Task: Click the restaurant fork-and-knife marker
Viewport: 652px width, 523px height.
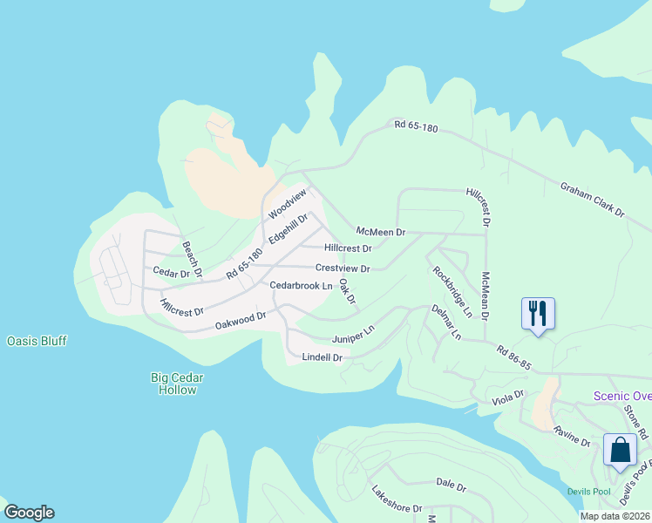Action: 538,313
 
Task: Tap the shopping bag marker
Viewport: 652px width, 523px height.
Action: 620,451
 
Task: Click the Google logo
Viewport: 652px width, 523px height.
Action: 29,513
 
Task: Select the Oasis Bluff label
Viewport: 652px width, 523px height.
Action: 37,341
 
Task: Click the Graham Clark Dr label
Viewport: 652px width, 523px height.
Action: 593,200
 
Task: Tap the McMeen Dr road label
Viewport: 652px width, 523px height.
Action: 381,232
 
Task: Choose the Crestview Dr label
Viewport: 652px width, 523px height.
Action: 343,268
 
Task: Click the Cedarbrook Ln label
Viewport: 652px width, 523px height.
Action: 302,286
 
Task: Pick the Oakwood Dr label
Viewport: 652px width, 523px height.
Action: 240,322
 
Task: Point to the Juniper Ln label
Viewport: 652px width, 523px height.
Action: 352,335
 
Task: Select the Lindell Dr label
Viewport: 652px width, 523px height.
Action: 322,357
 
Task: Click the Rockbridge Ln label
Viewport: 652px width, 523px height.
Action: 452,291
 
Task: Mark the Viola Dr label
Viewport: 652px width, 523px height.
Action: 507,397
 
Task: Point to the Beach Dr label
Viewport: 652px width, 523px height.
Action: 192,260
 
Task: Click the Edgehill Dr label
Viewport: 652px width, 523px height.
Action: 289,229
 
